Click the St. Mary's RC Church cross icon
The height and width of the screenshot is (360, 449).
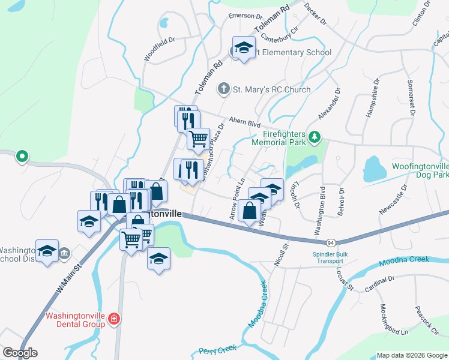pyautogui.click(x=223, y=89)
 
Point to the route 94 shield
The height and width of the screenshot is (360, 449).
pyautogui.click(x=331, y=242)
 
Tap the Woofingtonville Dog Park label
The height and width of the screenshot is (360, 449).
pyautogui.click(x=420, y=170)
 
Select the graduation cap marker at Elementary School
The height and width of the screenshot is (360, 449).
pyautogui.click(x=244, y=47)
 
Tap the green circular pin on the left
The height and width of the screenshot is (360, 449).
pyautogui.click(x=22, y=157)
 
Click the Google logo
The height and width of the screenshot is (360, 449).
pyautogui.click(x=20, y=353)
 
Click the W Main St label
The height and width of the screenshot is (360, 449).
pyautogui.click(x=68, y=279)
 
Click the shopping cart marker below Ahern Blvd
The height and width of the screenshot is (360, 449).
pyautogui.click(x=198, y=139)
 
